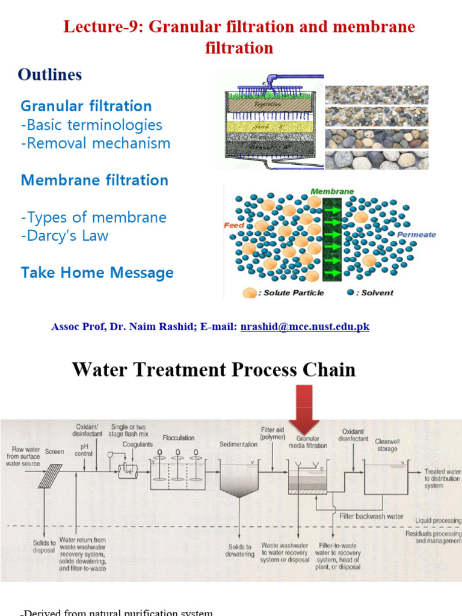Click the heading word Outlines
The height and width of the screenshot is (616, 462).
[50, 75]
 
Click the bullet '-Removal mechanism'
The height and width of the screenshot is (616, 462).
[96, 143]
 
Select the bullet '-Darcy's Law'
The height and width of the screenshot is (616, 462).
[64, 235]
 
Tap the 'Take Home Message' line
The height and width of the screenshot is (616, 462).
[97, 273]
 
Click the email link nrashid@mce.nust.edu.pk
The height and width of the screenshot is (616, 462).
[304, 327]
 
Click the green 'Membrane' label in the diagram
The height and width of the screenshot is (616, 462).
[332, 191]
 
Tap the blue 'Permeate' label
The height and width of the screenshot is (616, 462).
[416, 235]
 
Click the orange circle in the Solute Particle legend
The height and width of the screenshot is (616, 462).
[249, 293]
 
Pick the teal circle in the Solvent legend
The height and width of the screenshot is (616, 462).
[351, 293]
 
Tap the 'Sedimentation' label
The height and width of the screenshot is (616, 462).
[238, 444]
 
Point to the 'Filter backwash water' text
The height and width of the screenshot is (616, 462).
[372, 516]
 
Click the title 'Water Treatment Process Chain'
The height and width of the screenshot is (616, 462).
[214, 369]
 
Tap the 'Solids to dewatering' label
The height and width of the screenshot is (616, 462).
[240, 550]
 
